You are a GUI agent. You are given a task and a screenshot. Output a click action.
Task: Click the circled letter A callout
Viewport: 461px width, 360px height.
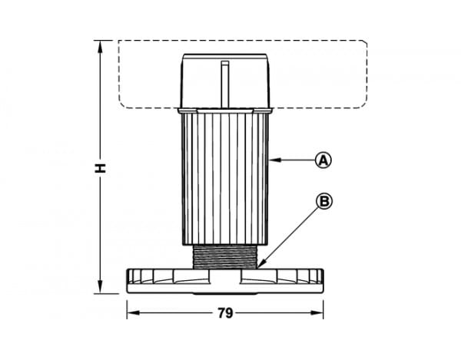tap(323, 160)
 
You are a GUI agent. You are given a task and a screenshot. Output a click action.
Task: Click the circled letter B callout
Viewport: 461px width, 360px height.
tap(324, 201)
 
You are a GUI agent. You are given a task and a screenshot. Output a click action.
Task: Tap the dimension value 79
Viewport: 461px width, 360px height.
tap(225, 313)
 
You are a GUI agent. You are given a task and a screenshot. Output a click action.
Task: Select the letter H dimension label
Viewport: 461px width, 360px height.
tap(100, 168)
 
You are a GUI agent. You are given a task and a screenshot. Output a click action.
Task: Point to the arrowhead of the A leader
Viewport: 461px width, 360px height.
tap(274, 160)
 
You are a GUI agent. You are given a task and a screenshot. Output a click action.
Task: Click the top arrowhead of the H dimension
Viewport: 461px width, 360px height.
tap(100, 46)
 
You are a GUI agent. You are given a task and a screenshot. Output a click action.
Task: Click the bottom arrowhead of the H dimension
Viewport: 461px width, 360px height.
tap(100, 287)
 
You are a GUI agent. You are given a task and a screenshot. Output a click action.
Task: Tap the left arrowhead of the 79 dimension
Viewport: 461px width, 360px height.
tap(133, 313)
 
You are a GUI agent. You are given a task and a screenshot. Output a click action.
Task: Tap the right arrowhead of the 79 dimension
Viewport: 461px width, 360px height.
tap(317, 313)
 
